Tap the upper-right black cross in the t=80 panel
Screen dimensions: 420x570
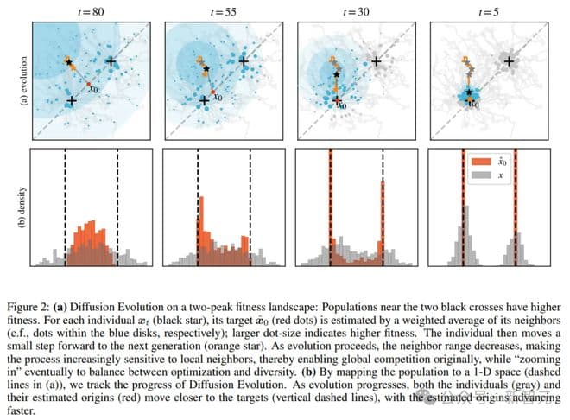(x=111, y=61)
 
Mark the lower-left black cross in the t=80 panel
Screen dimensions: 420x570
(x=71, y=102)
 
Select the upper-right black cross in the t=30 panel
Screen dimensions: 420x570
(x=377, y=61)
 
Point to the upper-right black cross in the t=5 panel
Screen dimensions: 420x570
(x=510, y=61)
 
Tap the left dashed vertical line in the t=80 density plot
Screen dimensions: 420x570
(x=66, y=207)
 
